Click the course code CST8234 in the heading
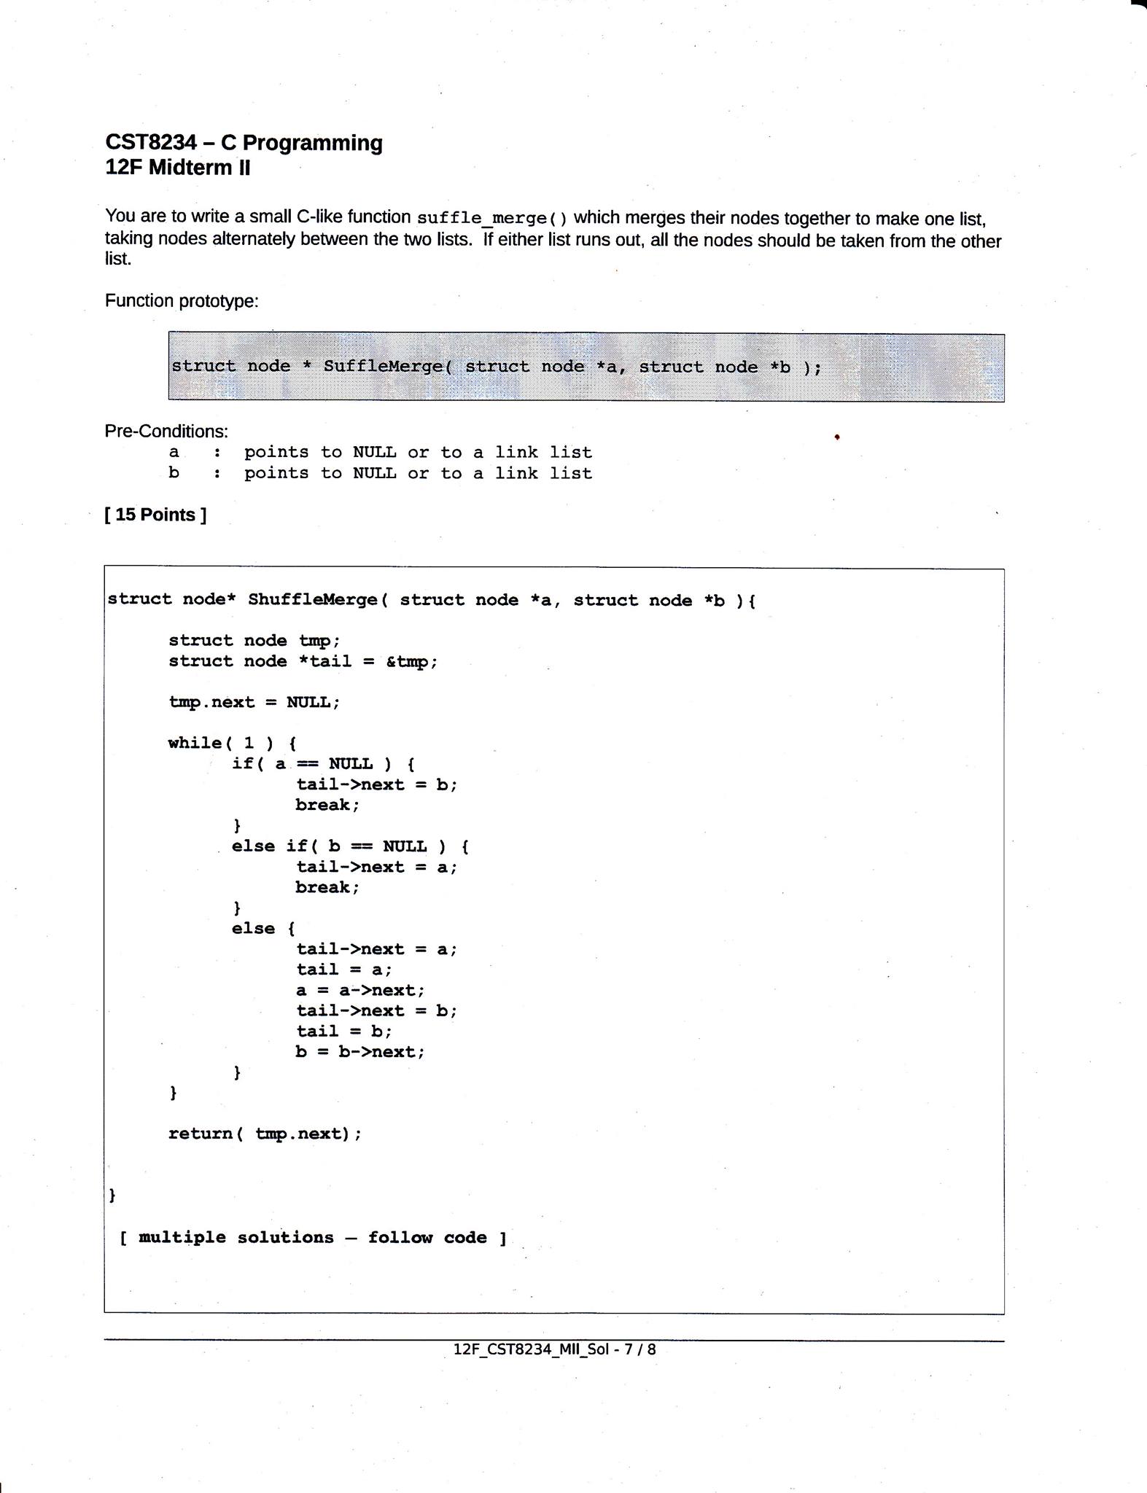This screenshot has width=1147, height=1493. (151, 142)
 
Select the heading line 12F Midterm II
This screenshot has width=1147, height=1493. (177, 168)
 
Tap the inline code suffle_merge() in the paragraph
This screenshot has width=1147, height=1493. (491, 218)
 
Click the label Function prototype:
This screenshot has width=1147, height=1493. (182, 301)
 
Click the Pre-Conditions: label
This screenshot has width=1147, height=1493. (166, 431)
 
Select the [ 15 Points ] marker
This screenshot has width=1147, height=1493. (155, 515)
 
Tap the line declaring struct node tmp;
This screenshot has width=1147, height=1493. (254, 641)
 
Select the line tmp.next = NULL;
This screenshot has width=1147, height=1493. (254, 703)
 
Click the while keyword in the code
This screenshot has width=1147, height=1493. (195, 743)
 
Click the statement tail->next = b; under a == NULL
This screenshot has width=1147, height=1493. (376, 784)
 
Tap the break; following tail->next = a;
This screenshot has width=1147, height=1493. (327, 887)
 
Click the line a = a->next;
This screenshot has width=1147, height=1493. (360, 990)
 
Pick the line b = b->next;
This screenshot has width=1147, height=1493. (360, 1052)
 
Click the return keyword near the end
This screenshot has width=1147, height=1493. (200, 1134)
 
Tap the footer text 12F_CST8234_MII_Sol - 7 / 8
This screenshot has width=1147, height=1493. (554, 1349)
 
